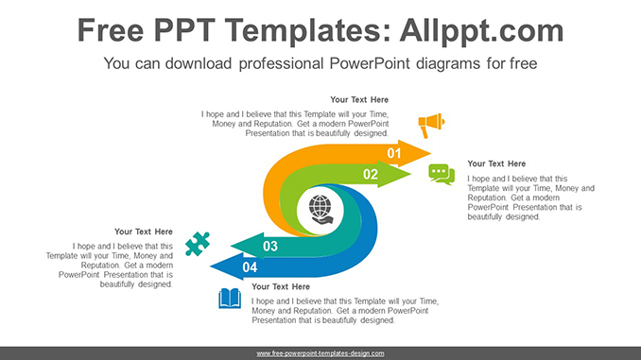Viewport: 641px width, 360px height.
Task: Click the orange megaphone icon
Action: pyautogui.click(x=431, y=124)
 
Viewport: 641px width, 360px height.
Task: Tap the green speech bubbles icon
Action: pyautogui.click(x=441, y=174)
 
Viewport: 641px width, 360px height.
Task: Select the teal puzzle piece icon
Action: pyautogui.click(x=197, y=244)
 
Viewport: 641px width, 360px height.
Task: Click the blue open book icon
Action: pyautogui.click(x=230, y=299)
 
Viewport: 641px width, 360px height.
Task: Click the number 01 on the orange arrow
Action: pyautogui.click(x=394, y=153)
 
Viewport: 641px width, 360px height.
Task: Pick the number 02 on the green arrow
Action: pyautogui.click(x=371, y=175)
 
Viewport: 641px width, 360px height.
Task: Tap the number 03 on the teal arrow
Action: pyautogui.click(x=269, y=247)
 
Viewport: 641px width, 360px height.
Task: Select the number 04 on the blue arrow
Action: pyautogui.click(x=250, y=267)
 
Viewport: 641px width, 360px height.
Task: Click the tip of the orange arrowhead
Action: pyautogui.click(x=430, y=153)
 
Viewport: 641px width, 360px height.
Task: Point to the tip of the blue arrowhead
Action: pyautogui.click(x=211, y=267)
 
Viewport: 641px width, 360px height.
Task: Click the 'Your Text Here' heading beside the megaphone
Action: pyautogui.click(x=359, y=99)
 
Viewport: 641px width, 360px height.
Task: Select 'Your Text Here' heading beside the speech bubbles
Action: pyautogui.click(x=496, y=163)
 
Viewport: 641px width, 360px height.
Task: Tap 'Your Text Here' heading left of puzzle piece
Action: pyautogui.click(x=144, y=231)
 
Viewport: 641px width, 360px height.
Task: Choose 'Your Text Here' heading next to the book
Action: pyautogui.click(x=281, y=286)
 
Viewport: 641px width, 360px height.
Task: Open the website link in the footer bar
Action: pyautogui.click(x=320, y=353)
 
